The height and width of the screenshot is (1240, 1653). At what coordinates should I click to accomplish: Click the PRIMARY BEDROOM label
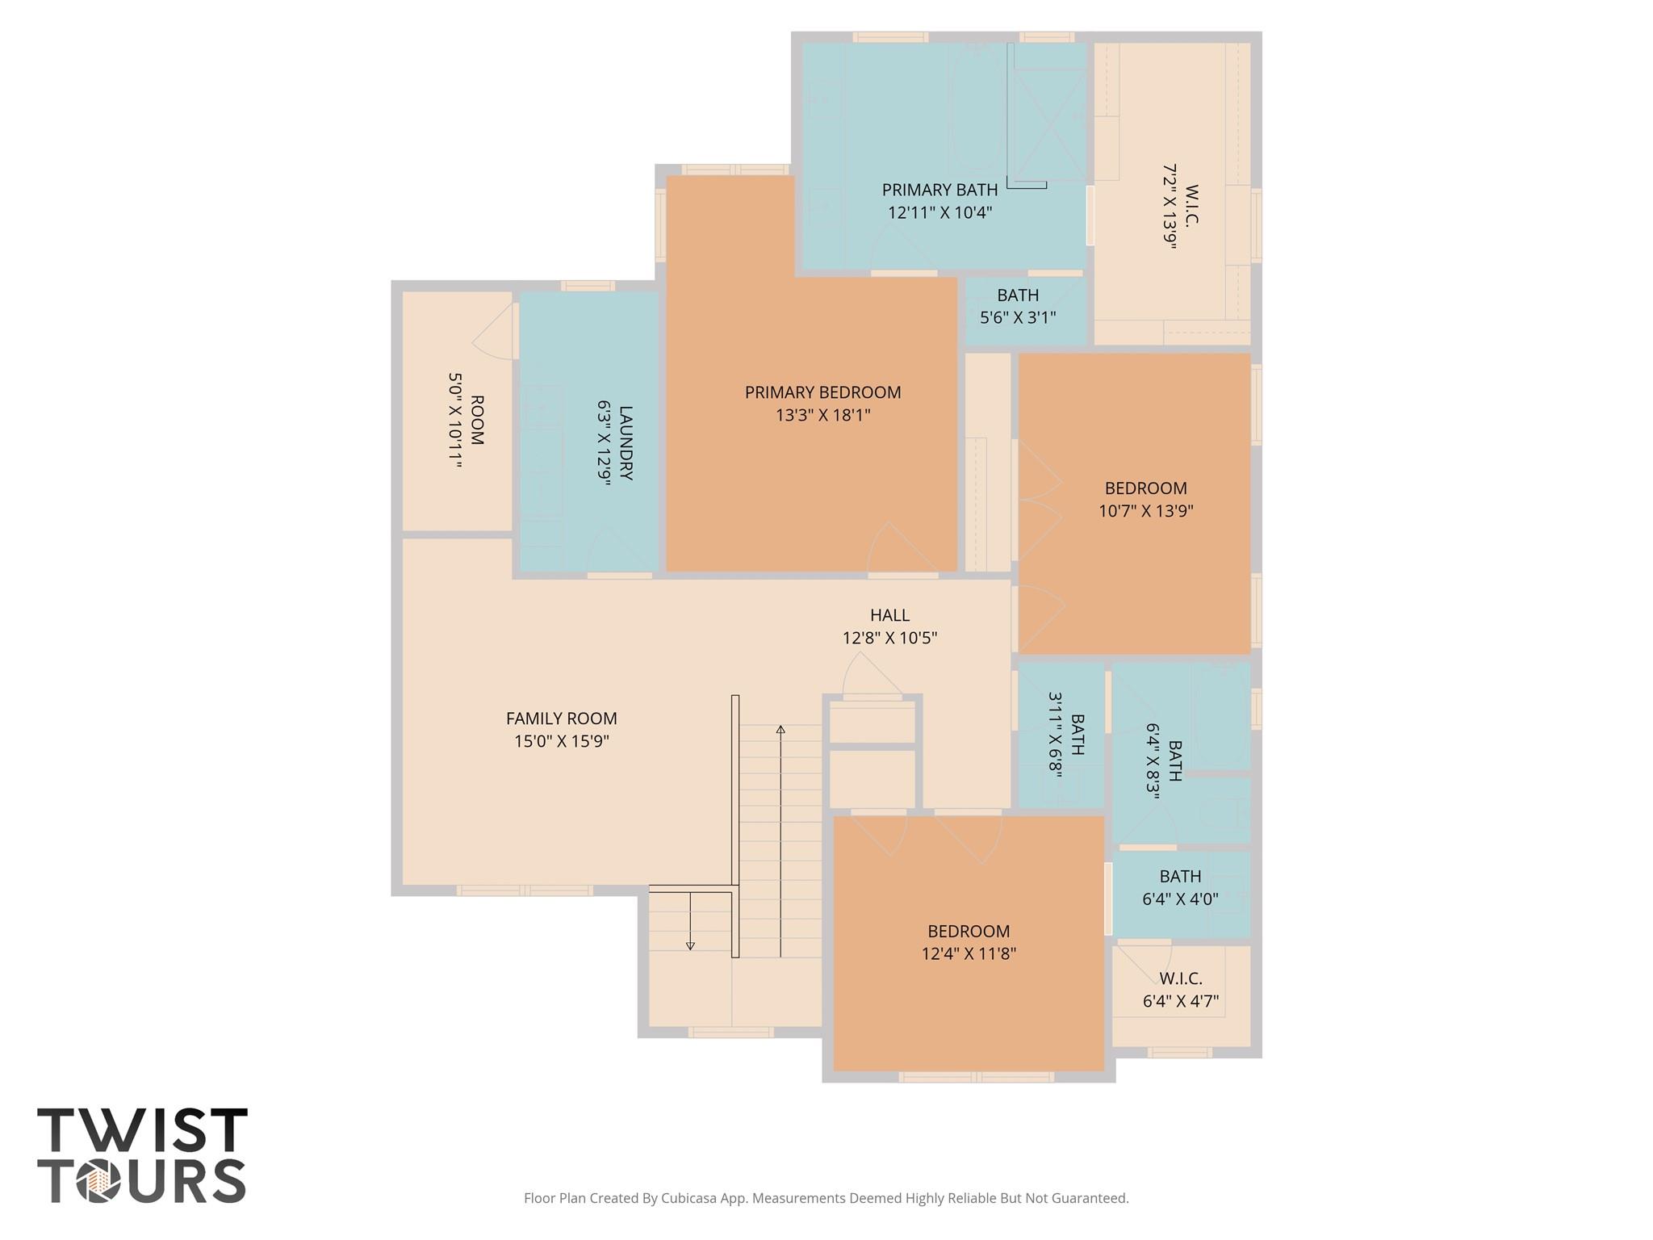pyautogui.click(x=822, y=392)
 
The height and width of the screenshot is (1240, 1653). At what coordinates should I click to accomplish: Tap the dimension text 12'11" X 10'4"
pyautogui.click(x=939, y=213)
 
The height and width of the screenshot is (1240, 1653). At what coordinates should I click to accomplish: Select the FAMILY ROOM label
pyautogui.click(x=561, y=718)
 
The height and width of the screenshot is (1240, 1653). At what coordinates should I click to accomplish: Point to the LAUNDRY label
pyautogui.click(x=626, y=443)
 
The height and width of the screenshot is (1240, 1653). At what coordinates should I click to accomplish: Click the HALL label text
pyautogui.click(x=889, y=615)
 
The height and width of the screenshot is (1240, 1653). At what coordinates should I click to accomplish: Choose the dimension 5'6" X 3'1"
pyautogui.click(x=1017, y=318)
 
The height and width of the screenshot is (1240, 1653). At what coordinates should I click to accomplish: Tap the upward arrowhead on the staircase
pyautogui.click(x=780, y=730)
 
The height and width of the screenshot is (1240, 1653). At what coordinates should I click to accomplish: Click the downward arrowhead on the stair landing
pyautogui.click(x=690, y=945)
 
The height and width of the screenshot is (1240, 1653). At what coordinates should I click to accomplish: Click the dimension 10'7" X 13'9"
pyautogui.click(x=1145, y=511)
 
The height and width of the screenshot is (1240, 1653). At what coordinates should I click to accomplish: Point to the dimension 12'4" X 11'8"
pyautogui.click(x=968, y=954)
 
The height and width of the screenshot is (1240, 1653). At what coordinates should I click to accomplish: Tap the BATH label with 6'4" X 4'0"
pyautogui.click(x=1180, y=876)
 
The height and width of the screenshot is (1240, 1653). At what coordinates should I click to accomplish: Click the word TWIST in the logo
pyautogui.click(x=142, y=1130)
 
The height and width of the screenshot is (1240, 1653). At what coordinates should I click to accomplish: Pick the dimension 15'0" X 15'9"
pyautogui.click(x=561, y=741)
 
